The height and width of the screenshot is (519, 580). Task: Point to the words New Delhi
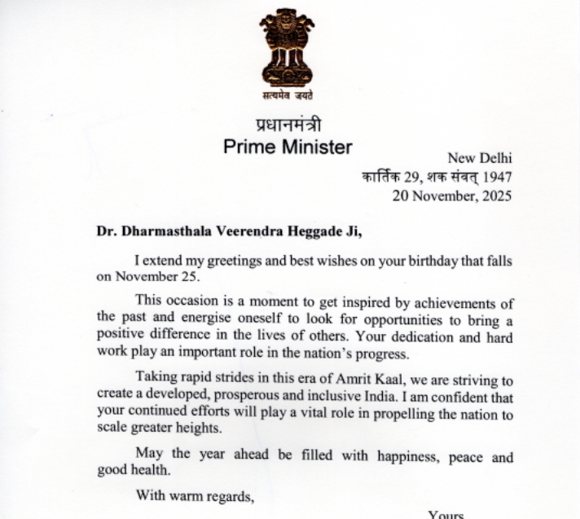[x=479, y=159]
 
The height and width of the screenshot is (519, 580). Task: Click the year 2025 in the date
[x=496, y=196]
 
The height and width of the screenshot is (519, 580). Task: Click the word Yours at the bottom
[x=446, y=514]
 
